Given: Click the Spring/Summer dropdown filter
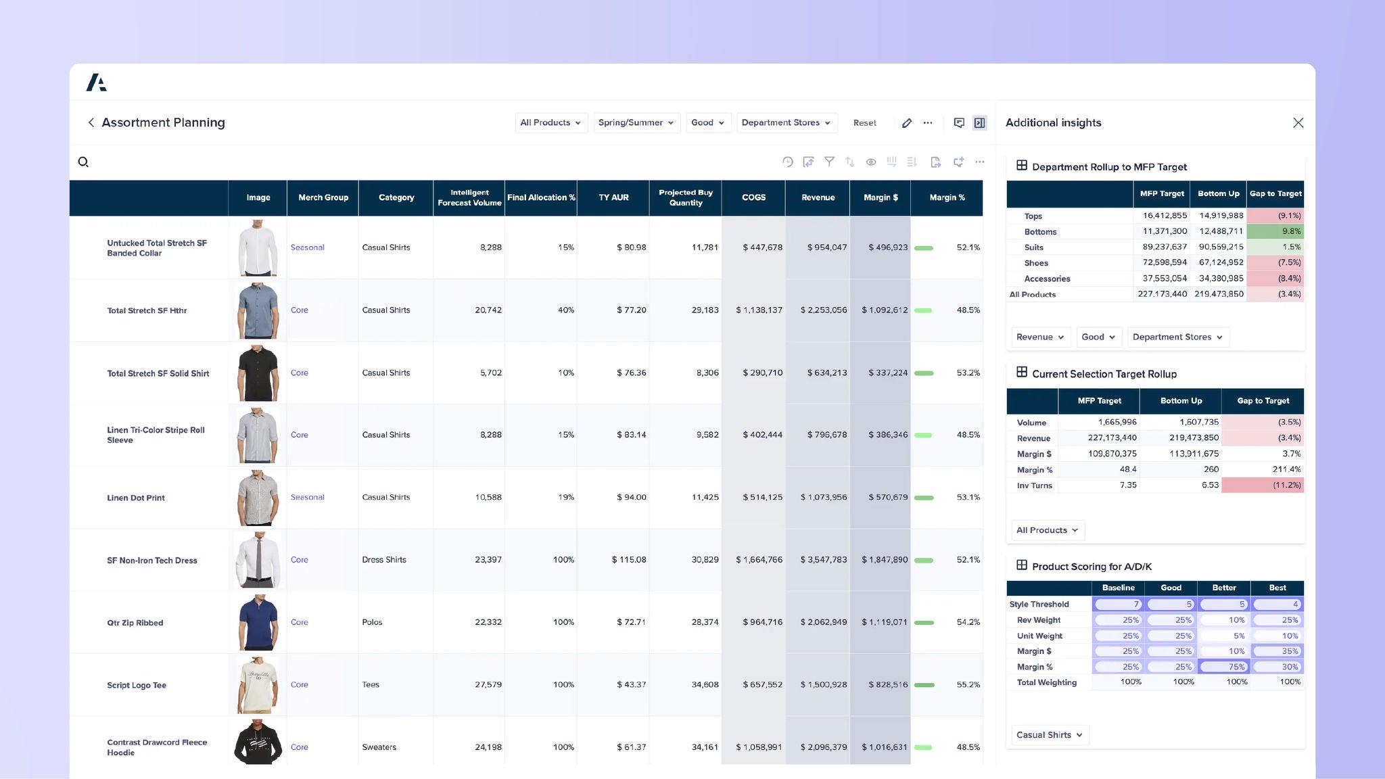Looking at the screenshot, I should tap(636, 122).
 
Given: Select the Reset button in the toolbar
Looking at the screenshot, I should tap(864, 123).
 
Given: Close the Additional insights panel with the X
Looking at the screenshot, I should tap(1298, 122).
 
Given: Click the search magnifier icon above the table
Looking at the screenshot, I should tap(83, 162).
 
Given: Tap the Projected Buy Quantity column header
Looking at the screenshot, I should tap(685, 197).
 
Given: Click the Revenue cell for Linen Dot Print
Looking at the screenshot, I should tap(823, 497).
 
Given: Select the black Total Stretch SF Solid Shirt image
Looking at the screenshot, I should tap(258, 373).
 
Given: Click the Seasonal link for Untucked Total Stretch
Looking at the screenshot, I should tap(307, 247).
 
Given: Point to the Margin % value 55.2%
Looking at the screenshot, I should tap(968, 684).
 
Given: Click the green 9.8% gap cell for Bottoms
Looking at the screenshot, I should tap(1275, 231).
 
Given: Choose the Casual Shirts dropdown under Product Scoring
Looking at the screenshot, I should tap(1049, 735).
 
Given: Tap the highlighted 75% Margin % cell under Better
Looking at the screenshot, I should tap(1223, 667).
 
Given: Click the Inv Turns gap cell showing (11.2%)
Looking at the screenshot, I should tap(1263, 486).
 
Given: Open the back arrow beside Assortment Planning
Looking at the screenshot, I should tap(91, 122).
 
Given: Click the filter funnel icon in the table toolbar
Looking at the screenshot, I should tap(829, 162).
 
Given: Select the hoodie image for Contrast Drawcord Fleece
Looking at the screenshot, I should tap(258, 742).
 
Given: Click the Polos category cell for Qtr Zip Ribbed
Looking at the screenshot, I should tap(372, 622).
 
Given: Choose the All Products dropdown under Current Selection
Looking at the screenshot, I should tap(1047, 530).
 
